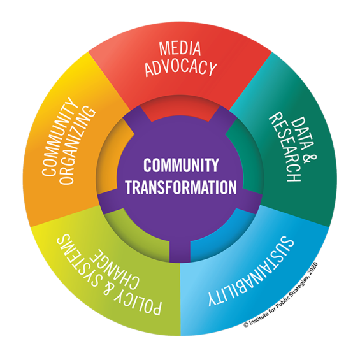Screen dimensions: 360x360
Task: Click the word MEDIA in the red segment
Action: pos(180,48)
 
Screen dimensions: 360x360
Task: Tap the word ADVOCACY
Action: pos(181,68)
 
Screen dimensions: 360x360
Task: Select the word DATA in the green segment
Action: pos(303,134)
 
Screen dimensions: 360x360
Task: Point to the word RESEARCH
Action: pos(284,147)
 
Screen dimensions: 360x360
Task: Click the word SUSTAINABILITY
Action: pos(251,271)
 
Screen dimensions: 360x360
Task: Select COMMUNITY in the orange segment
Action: pos(59,136)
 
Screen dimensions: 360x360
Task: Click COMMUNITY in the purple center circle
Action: pos(181,165)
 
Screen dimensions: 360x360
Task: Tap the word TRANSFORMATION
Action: pos(181,187)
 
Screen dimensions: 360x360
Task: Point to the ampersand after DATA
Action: pos(310,159)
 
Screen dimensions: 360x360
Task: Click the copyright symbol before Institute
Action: pos(246,324)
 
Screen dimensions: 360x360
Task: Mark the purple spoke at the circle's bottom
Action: pos(180,251)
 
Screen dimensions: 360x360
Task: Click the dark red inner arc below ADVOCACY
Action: pos(180,108)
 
